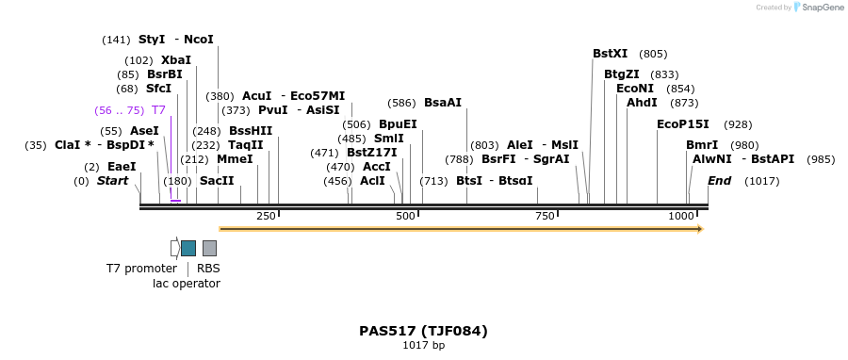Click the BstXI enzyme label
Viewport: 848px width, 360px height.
(610, 54)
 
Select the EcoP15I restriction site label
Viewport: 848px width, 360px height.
(682, 124)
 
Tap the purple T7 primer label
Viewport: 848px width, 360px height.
(158, 110)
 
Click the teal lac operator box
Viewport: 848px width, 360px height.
(188, 248)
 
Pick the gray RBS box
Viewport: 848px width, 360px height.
(209, 248)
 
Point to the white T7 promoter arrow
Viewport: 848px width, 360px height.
(175, 248)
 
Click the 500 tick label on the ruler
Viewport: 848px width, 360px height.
(405, 217)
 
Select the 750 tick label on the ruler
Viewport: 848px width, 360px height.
(545, 217)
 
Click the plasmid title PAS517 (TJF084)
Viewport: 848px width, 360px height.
(423, 331)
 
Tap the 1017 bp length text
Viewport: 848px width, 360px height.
(423, 346)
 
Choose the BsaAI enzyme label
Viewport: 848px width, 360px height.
(442, 103)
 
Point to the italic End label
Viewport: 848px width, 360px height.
(719, 180)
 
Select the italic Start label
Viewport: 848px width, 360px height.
(112, 180)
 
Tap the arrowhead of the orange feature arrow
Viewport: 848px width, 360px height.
(699, 229)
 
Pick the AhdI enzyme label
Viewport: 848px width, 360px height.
(642, 103)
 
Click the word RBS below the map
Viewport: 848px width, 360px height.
(208, 269)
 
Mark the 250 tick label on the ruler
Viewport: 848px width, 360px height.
(266, 217)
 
